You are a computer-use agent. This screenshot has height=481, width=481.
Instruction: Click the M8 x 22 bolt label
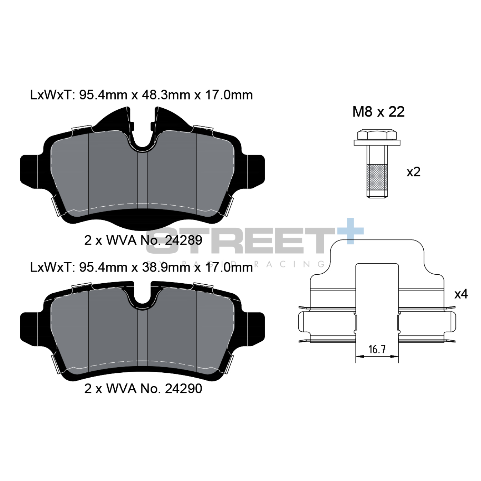pos(378,112)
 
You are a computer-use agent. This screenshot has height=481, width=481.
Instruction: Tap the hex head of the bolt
pos(377,135)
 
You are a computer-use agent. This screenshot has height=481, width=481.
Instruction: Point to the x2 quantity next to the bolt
pos(413,172)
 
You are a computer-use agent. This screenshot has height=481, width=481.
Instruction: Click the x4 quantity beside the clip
pos(461,294)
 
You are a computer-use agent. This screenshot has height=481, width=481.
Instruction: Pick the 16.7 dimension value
pos(377,349)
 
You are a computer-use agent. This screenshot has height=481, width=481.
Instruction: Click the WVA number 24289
pos(183,240)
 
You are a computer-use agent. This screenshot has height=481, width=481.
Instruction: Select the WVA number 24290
pos(183,388)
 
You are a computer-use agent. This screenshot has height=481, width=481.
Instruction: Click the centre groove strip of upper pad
pos(142,182)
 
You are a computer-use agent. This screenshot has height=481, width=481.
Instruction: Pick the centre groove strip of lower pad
pos(142,338)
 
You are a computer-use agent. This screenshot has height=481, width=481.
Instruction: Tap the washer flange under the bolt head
pos(377,143)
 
